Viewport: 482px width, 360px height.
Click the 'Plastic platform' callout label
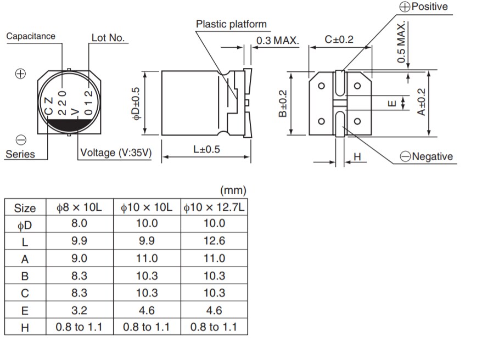pos(231,24)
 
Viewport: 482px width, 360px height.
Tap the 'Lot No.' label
pos(108,38)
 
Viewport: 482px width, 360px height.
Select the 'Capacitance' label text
pos(31,36)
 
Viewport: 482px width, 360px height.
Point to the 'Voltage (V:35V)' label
pos(116,153)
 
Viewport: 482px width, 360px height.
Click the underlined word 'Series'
pos(20,154)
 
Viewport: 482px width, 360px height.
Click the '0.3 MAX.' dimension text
pos(277,41)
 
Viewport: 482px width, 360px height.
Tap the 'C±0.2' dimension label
pos(339,40)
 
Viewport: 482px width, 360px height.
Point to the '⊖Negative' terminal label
pos(427,156)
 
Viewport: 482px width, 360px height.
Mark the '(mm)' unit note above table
pos(233,190)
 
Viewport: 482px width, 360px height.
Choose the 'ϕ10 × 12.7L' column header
pos(214,207)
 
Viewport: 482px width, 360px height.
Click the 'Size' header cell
pos(25,208)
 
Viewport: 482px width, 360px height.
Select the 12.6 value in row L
pos(214,241)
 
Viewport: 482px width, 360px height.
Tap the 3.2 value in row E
pos(79,310)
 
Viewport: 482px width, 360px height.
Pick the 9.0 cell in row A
pos(79,258)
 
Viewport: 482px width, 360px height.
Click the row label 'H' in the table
pos(25,328)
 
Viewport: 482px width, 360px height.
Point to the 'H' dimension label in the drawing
pos(357,157)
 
